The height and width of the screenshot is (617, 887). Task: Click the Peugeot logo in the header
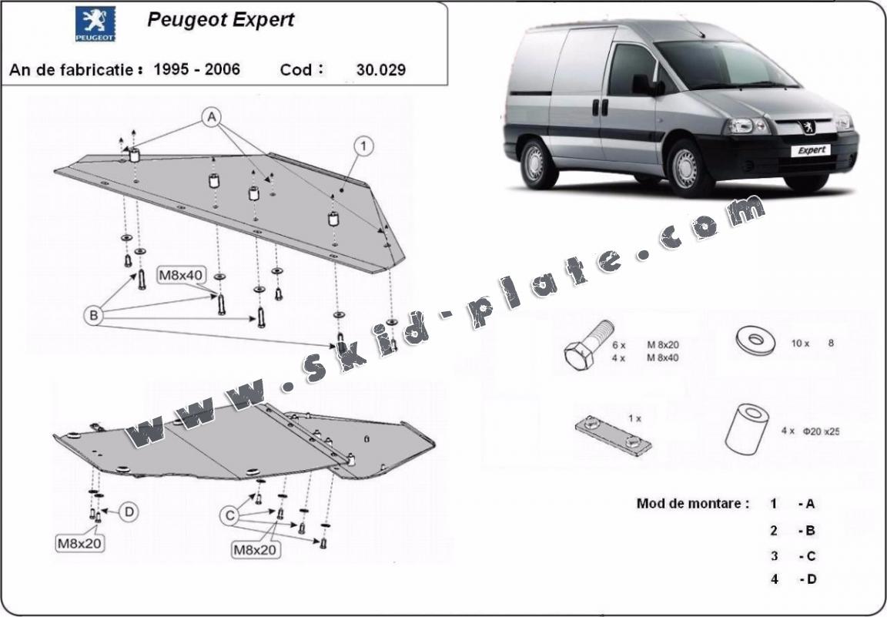click(x=95, y=24)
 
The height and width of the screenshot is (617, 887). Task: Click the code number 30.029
click(x=381, y=70)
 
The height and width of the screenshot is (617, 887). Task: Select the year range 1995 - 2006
click(x=197, y=69)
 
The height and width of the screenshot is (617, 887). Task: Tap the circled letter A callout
click(x=212, y=117)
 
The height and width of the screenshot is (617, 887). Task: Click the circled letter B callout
click(x=94, y=314)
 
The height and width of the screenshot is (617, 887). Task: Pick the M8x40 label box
click(x=182, y=274)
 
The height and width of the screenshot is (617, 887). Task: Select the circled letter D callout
click(x=129, y=511)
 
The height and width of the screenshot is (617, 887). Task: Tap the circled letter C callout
click(x=229, y=516)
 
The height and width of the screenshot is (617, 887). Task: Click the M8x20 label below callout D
click(x=80, y=543)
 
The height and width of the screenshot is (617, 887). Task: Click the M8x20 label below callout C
click(x=256, y=550)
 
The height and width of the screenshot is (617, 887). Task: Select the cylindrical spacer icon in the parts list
click(x=747, y=428)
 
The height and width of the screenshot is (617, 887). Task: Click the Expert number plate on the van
click(x=811, y=150)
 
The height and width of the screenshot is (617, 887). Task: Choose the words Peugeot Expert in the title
click(x=220, y=20)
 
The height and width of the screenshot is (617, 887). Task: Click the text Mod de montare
click(x=692, y=504)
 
